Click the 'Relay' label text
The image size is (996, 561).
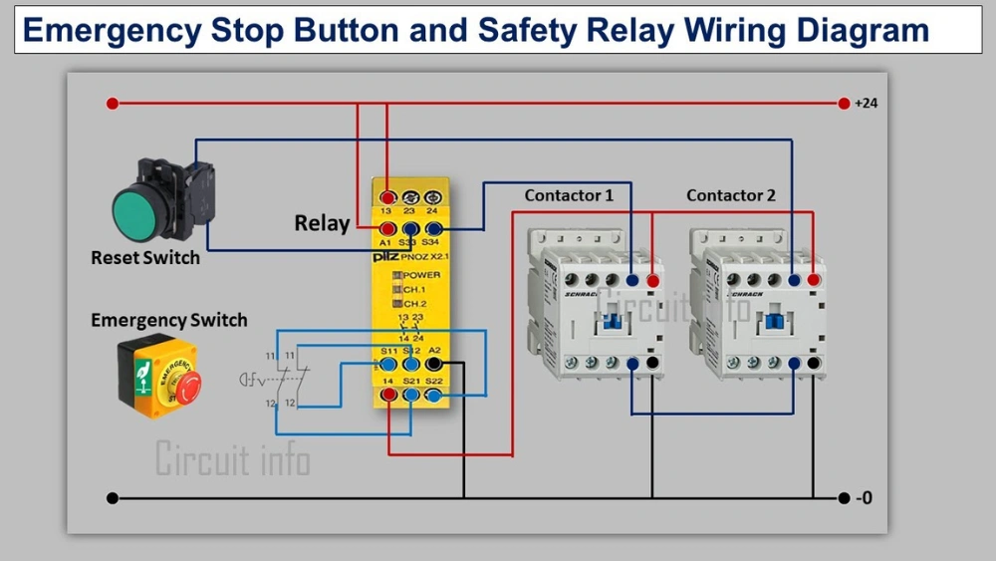pyautogui.click(x=322, y=223)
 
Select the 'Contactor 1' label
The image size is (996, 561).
pyautogui.click(x=569, y=195)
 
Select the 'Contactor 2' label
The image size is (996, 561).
pyautogui.click(x=730, y=195)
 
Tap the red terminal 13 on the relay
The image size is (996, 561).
pyautogui.click(x=386, y=197)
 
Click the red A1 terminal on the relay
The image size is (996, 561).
pyautogui.click(x=386, y=229)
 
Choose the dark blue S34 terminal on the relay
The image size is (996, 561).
pyautogui.click(x=433, y=229)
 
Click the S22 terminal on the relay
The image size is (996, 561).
pyautogui.click(x=433, y=396)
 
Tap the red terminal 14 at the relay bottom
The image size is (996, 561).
pyautogui.click(x=387, y=396)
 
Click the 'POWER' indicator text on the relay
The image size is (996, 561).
pyautogui.click(x=421, y=275)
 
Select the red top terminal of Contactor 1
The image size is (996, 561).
pyautogui.click(x=652, y=281)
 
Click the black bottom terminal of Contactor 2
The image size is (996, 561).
pyautogui.click(x=815, y=364)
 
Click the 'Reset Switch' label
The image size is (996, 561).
pyautogui.click(x=145, y=258)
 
